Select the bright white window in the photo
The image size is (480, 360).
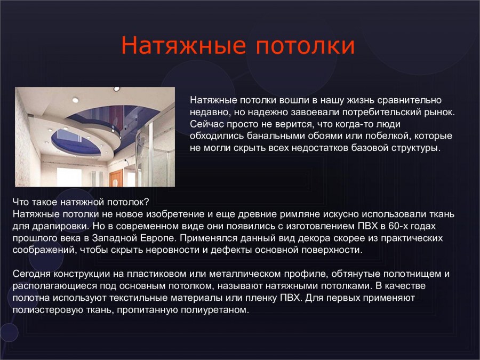(68, 176)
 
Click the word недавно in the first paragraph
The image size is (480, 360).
(208, 112)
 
